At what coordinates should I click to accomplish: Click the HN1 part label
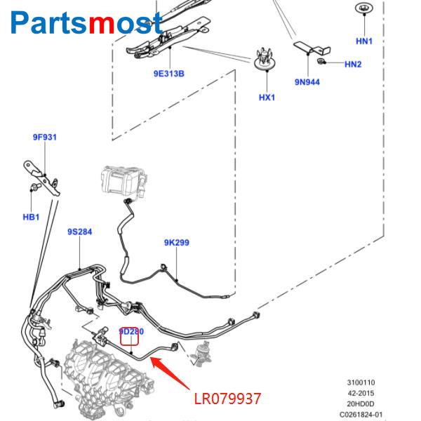click(x=363, y=41)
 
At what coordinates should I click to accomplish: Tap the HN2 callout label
click(x=353, y=65)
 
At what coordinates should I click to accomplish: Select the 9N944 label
click(x=307, y=82)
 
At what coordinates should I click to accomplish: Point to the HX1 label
click(x=267, y=98)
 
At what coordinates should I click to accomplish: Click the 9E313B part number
click(x=168, y=74)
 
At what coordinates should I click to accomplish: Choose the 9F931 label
click(x=44, y=138)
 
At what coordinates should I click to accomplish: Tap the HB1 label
click(x=31, y=218)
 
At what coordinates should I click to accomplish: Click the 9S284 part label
click(x=79, y=232)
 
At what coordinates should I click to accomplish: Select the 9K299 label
click(x=177, y=243)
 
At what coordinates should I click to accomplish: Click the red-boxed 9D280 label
click(x=131, y=332)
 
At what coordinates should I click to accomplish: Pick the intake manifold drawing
click(x=105, y=379)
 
